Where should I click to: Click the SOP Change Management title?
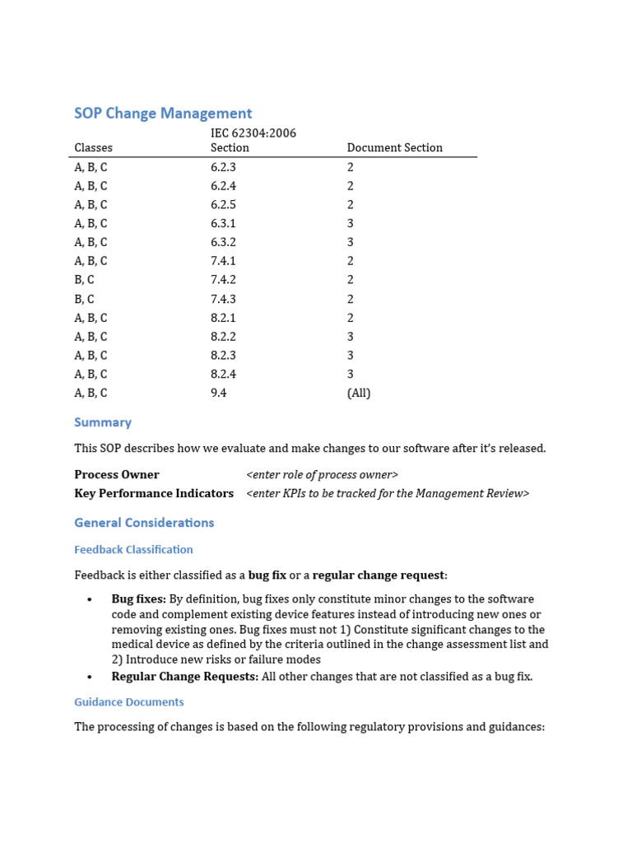coord(163,114)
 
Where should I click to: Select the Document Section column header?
coord(394,148)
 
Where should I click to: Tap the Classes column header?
coord(93,148)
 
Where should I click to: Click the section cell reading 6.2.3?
coord(224,167)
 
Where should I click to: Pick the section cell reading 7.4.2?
coord(224,280)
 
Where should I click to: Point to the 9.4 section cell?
coord(218,394)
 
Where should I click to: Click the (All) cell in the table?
coord(359,394)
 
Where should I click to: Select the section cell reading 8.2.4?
coord(224,375)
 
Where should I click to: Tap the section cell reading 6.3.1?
coord(224,224)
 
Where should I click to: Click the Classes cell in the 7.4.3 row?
coord(84,300)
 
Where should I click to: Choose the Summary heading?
coord(103,422)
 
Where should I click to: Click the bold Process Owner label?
coord(117,475)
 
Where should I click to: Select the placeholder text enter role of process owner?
coord(322,475)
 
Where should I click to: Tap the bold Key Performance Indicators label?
coord(154,494)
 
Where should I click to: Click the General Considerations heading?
coord(144,523)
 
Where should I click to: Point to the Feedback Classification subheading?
coord(133,550)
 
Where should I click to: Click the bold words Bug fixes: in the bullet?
coord(139,599)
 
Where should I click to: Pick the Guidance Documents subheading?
coord(129,702)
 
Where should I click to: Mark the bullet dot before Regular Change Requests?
coord(89,677)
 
